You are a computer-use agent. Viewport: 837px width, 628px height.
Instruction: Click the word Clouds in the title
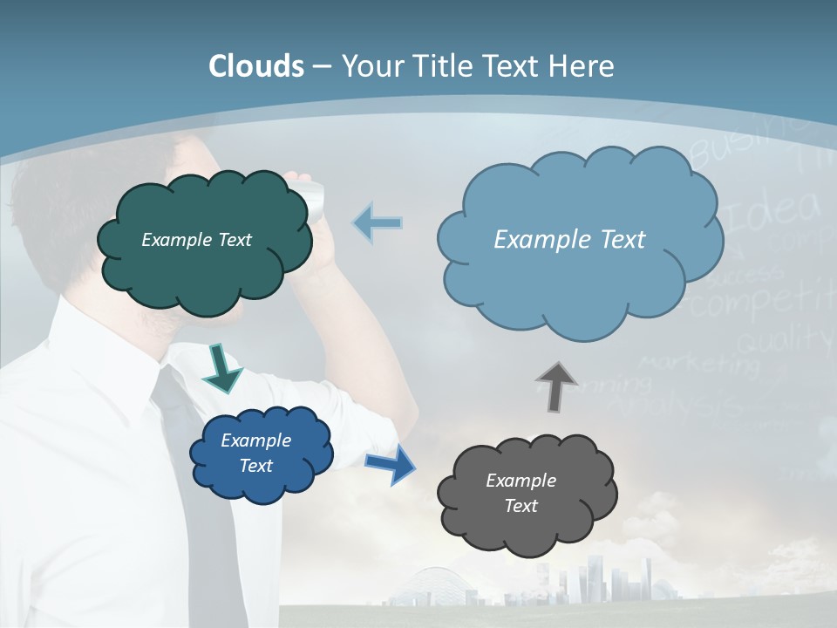256,66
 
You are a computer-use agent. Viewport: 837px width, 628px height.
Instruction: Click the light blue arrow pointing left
378,223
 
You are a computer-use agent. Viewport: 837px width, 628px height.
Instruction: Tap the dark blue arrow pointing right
391,463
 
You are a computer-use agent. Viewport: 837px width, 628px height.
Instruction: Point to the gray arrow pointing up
555,386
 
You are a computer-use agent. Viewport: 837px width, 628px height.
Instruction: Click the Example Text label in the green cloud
196,240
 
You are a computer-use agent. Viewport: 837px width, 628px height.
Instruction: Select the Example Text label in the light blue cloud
569,240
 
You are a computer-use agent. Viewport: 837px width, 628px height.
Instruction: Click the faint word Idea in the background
772,213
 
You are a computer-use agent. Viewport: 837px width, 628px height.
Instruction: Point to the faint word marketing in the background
697,363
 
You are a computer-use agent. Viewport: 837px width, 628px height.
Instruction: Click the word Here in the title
582,66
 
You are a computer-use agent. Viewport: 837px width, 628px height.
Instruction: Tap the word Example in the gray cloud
521,481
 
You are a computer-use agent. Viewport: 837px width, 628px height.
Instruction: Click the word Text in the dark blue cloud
256,466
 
